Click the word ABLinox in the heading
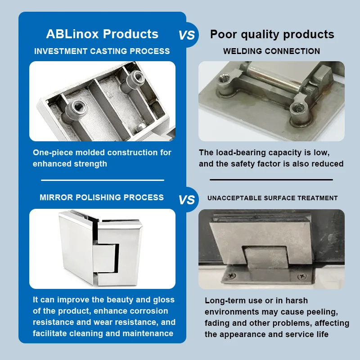(72, 34)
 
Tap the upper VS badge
(187, 35)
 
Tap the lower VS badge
(187, 199)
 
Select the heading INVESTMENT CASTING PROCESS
(102, 51)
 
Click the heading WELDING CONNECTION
(272, 51)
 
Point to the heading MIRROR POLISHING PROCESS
(102, 198)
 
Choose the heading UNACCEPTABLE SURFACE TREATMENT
(273, 198)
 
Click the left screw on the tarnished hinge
(231, 275)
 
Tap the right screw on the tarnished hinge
(301, 276)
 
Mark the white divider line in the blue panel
(103, 180)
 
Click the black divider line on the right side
(271, 180)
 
